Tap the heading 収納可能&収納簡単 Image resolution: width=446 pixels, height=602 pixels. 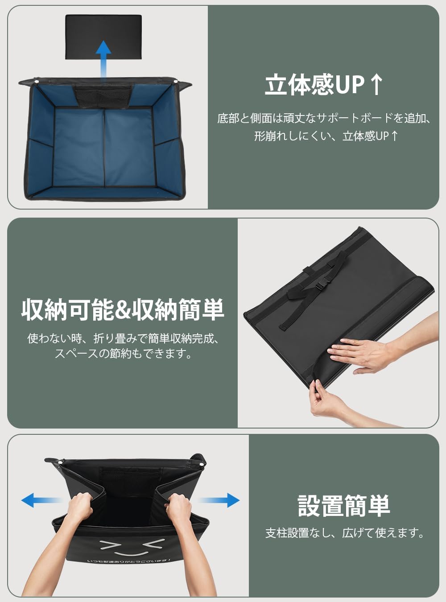click(123, 309)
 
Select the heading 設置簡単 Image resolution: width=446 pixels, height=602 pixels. click(344, 506)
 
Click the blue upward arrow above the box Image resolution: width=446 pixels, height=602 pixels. click(103, 60)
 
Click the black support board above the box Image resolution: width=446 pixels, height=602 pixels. click(103, 37)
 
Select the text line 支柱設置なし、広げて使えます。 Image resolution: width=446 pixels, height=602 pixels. click(345, 533)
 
